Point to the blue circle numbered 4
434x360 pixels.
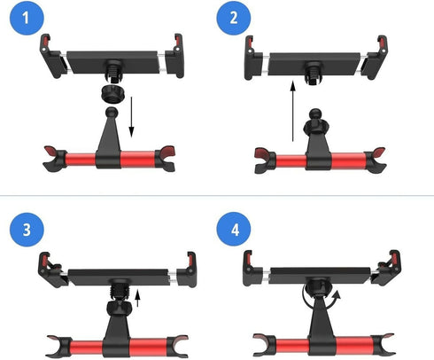(233, 231)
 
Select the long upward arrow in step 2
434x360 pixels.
(293, 111)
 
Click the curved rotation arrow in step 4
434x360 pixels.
(320, 293)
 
